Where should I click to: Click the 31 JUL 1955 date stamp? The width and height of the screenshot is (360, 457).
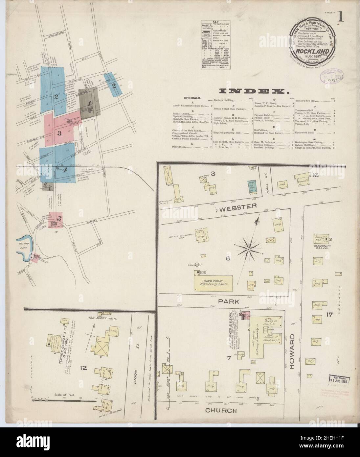tap(340, 380)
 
